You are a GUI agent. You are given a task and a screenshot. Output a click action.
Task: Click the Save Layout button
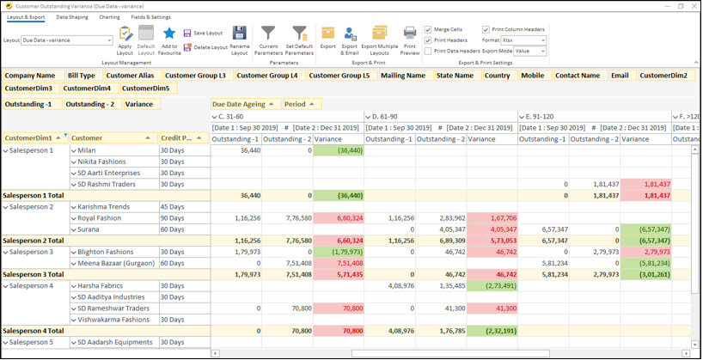coord(202,33)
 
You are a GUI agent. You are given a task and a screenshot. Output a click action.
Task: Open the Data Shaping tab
coord(72,16)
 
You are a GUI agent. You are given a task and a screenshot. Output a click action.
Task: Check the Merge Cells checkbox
coord(429,29)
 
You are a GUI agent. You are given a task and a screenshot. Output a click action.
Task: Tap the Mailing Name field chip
coord(403,76)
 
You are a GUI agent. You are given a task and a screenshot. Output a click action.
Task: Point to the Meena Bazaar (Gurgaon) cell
coord(114,263)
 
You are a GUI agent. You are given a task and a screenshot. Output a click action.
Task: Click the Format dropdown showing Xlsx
coord(523,40)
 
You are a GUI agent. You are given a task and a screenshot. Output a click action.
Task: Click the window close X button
coord(691,5)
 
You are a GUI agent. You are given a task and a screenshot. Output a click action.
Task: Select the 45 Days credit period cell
coord(184,207)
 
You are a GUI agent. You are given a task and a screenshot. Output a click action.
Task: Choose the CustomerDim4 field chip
coord(87,88)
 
